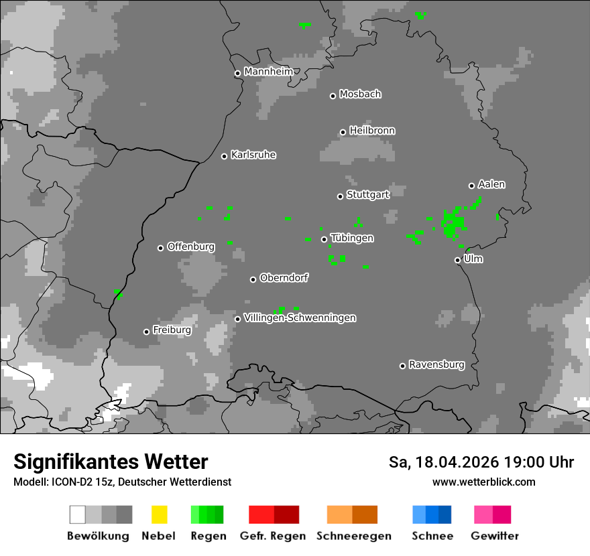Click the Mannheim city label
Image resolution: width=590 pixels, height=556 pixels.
(268, 72)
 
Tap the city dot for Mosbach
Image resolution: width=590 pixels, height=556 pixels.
(333, 96)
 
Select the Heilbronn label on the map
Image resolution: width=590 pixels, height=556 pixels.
(372, 131)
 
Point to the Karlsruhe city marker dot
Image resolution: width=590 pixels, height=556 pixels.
(225, 156)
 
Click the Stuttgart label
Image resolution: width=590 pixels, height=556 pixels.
(367, 195)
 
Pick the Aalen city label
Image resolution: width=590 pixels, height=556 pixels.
(491, 184)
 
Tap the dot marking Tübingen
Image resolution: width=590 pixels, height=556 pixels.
(324, 239)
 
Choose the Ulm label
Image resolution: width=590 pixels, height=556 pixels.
(473, 259)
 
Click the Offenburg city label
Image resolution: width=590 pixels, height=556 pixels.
(191, 247)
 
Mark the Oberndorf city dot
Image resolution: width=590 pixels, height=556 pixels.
(253, 279)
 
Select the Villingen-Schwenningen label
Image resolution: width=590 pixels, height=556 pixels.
(300, 318)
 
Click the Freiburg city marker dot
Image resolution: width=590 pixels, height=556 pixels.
(146, 332)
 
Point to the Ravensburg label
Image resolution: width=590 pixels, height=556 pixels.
(436, 364)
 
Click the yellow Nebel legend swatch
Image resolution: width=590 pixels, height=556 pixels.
(159, 514)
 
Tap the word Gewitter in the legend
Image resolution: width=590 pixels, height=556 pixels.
(495, 536)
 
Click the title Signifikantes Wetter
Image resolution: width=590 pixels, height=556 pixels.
(111, 462)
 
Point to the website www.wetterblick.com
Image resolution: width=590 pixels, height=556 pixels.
(483, 482)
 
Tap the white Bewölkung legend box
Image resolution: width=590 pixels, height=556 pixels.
(77, 514)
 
